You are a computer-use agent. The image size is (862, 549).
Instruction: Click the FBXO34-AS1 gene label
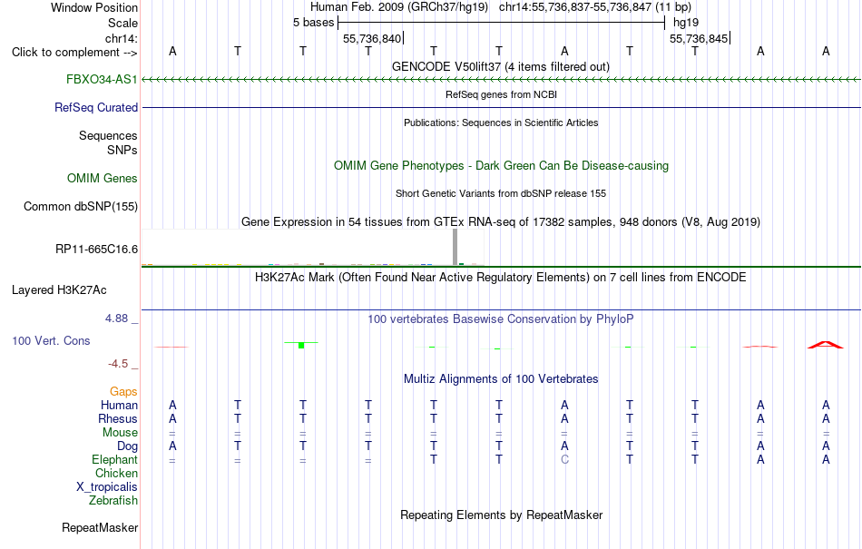click(x=102, y=79)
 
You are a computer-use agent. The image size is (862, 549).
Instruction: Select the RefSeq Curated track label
click(x=96, y=107)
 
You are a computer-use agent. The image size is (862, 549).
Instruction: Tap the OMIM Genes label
click(x=103, y=178)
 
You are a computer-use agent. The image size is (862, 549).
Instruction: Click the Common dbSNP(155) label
click(x=81, y=206)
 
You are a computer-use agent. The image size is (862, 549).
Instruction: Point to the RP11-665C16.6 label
click(x=97, y=249)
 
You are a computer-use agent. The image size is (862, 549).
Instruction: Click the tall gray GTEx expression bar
click(x=455, y=248)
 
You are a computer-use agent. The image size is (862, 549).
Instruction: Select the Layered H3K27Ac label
click(x=59, y=290)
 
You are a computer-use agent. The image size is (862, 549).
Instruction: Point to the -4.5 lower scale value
click(x=118, y=363)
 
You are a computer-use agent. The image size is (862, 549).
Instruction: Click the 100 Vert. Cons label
click(x=51, y=340)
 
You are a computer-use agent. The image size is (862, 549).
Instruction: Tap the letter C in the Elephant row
click(x=564, y=459)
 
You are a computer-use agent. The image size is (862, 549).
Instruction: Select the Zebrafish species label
click(x=113, y=500)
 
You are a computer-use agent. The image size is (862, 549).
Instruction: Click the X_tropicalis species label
click(x=107, y=487)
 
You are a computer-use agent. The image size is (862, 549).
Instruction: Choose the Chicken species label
click(x=116, y=473)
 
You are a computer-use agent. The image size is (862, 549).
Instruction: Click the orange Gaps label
click(x=123, y=391)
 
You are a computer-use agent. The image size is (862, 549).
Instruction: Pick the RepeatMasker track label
click(x=100, y=527)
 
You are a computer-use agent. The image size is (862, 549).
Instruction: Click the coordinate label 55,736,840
click(x=372, y=38)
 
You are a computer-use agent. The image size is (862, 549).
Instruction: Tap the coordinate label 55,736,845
click(x=699, y=38)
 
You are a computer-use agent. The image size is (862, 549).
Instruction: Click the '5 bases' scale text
click(x=313, y=23)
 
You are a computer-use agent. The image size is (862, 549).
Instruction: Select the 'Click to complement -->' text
click(x=74, y=53)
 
